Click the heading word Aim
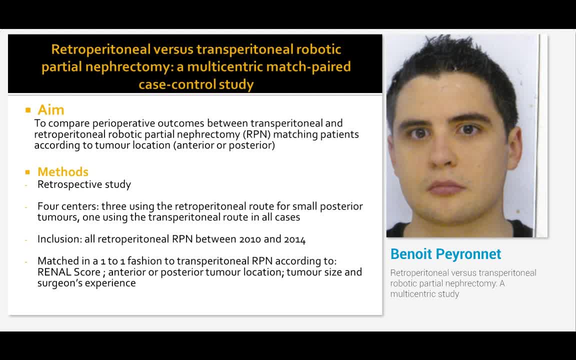[51, 110]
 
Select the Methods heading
[63, 172]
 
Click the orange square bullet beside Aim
[28, 110]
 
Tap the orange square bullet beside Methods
[28, 172]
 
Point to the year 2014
[294, 239]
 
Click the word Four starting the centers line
[48, 206]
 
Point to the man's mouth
[445, 187]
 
